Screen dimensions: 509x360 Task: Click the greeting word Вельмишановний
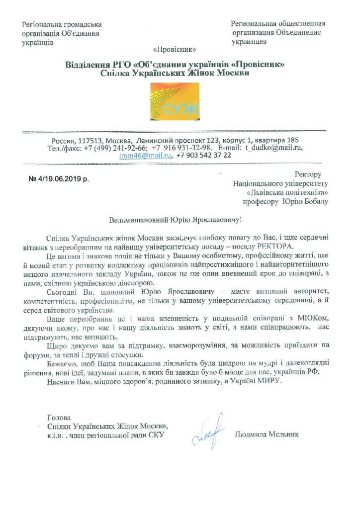(x=140, y=219)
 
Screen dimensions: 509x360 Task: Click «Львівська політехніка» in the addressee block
(x=283, y=192)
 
